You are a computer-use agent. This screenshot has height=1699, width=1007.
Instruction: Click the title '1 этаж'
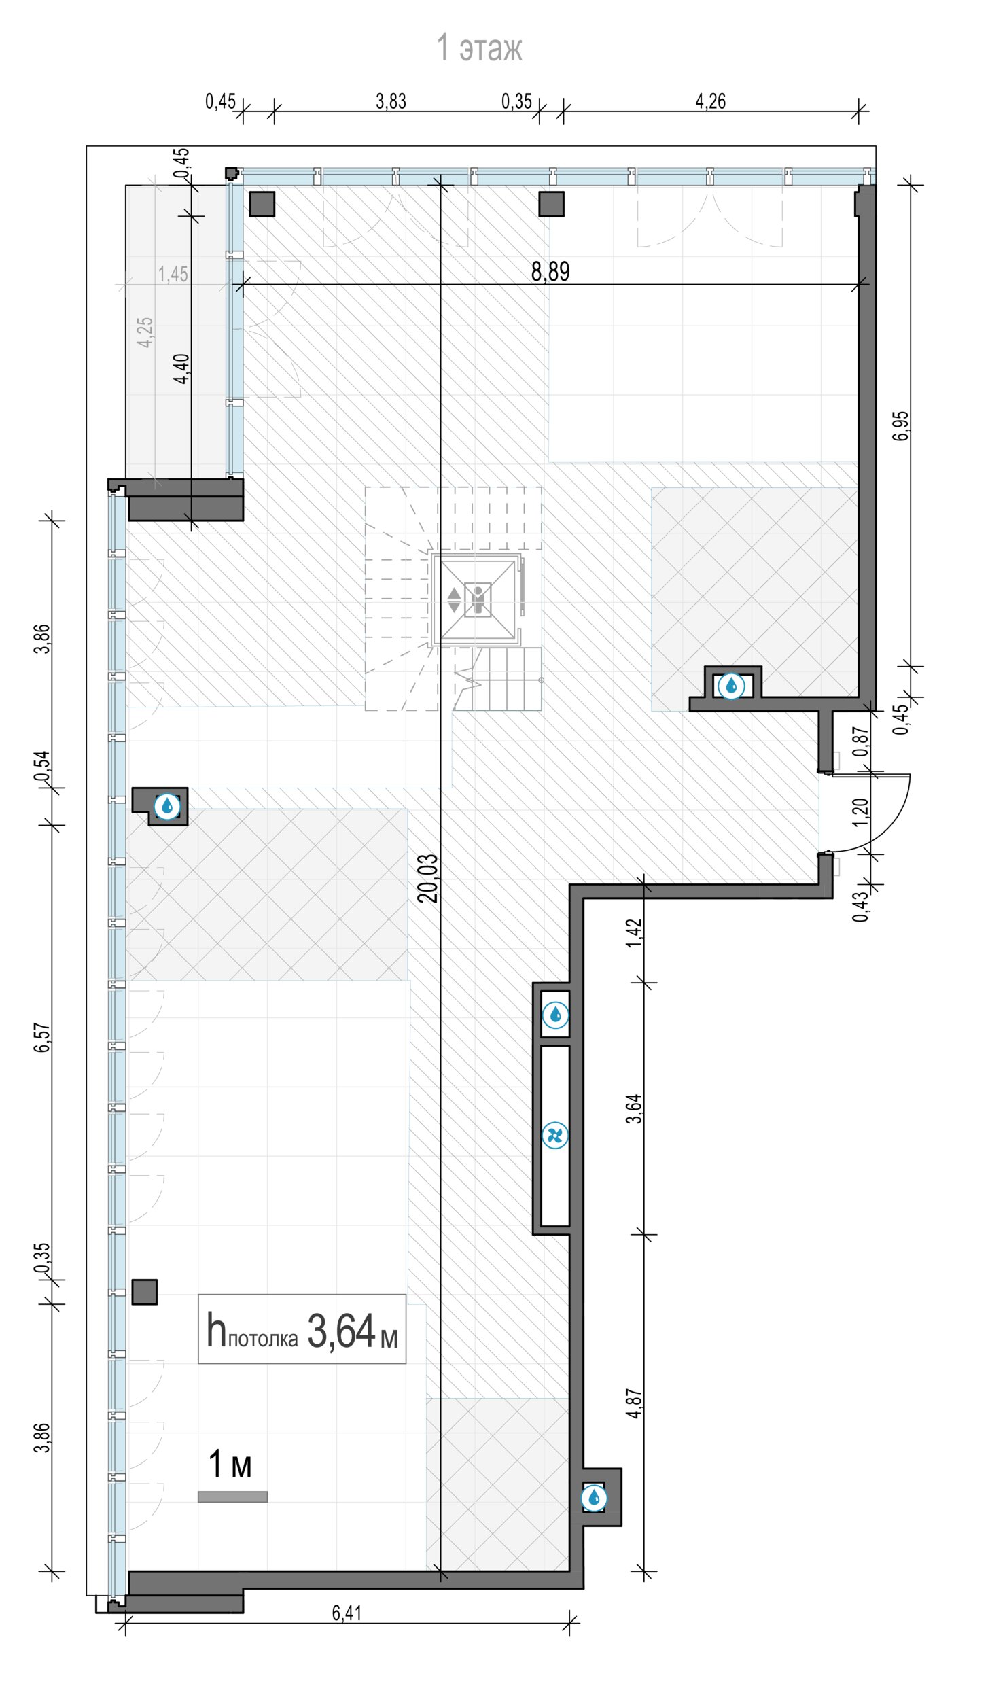click(x=479, y=48)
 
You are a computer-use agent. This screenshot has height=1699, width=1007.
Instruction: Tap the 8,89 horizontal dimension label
click(x=550, y=272)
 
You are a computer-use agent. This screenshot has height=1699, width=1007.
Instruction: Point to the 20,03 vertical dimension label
click(x=428, y=878)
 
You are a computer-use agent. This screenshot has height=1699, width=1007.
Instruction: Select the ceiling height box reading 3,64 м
click(x=302, y=1329)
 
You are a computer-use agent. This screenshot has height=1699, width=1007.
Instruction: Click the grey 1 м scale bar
click(x=232, y=1496)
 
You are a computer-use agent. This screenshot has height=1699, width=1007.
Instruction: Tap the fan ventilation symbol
click(x=555, y=1135)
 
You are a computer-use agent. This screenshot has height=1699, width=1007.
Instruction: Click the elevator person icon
click(x=478, y=599)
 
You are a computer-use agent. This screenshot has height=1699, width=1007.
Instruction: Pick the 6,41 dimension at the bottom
click(x=347, y=1613)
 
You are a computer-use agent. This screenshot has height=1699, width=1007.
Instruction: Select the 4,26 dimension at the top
click(x=711, y=101)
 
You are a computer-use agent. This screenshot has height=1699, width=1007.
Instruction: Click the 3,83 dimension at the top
click(x=391, y=101)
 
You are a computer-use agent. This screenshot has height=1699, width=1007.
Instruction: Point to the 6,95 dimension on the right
click(x=901, y=426)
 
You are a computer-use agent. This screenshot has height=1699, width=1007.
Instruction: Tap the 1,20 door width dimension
click(x=860, y=812)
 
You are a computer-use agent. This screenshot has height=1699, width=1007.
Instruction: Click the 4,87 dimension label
click(x=634, y=1403)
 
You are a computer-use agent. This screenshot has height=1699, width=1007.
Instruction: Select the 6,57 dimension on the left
click(x=42, y=1038)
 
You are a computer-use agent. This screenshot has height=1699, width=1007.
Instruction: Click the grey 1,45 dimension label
click(x=173, y=274)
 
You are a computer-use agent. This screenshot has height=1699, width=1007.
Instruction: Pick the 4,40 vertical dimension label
click(x=181, y=369)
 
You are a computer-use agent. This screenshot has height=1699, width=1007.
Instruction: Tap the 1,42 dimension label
click(x=634, y=933)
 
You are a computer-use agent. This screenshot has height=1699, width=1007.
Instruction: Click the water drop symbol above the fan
click(x=555, y=1015)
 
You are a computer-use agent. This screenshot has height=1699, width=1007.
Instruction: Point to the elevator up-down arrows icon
click(x=454, y=600)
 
